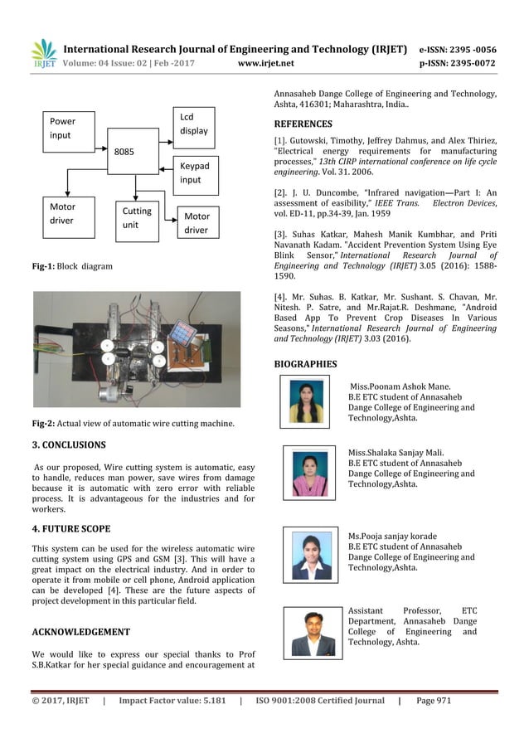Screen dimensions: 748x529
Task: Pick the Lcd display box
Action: [x=195, y=124]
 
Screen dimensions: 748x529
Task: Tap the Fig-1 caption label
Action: [x=43, y=266]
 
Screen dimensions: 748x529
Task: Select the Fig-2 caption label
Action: [x=43, y=425]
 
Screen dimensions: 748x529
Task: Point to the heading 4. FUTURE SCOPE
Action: [x=70, y=528]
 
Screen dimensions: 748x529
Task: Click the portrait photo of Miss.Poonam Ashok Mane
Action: [x=304, y=401]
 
